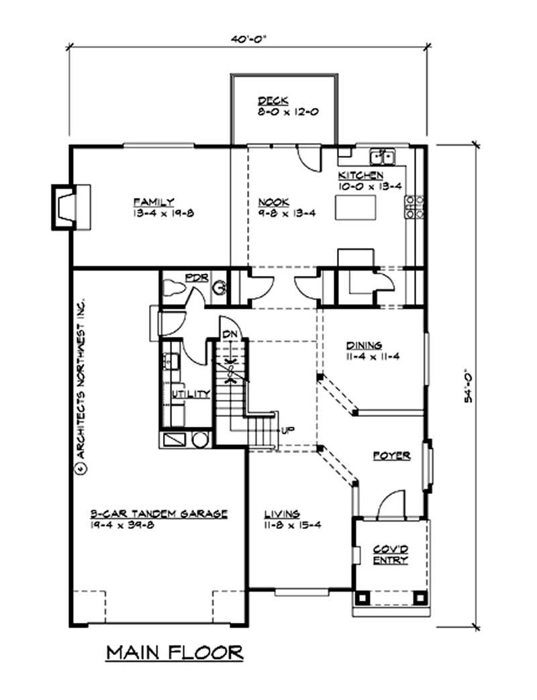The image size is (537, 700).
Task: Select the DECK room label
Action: (x=273, y=101)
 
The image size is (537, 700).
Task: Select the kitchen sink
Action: (x=385, y=157)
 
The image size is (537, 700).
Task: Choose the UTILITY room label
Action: (x=192, y=393)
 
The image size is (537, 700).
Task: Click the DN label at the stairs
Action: (x=229, y=334)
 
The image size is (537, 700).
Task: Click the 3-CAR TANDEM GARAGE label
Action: (x=158, y=513)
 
